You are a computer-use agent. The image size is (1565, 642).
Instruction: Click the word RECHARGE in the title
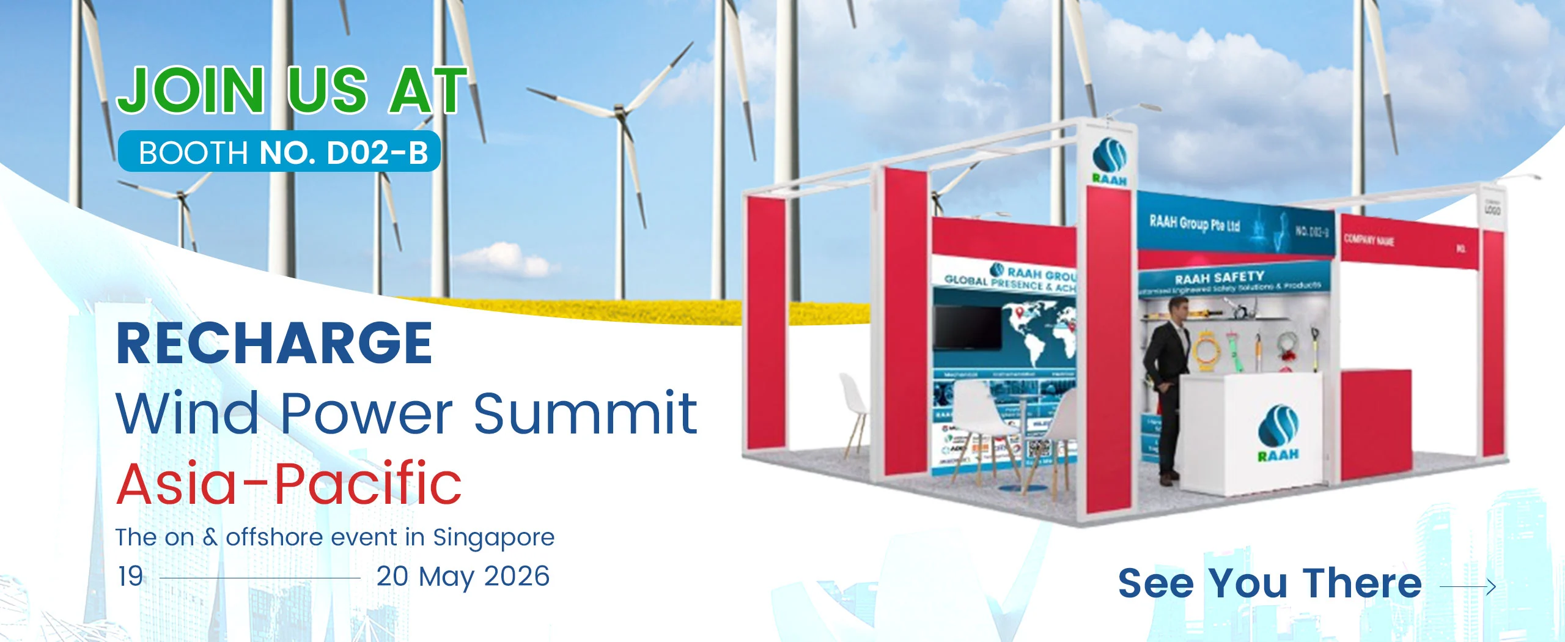coord(274,344)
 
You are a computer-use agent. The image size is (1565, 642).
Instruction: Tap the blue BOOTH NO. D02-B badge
coord(279,152)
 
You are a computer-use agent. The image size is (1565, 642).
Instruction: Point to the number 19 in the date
coord(130,577)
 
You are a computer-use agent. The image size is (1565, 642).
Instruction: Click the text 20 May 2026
coord(463,577)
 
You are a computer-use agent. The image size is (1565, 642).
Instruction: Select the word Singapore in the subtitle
coord(493,537)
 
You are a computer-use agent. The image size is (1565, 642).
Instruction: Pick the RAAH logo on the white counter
coord(1278,431)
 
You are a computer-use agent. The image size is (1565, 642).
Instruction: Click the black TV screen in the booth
coord(967,328)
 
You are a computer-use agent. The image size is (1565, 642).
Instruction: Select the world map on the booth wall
coord(1039,336)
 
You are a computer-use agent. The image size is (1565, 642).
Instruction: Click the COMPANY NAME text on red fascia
coord(1369,240)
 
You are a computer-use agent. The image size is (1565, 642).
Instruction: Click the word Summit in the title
coord(585,413)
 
